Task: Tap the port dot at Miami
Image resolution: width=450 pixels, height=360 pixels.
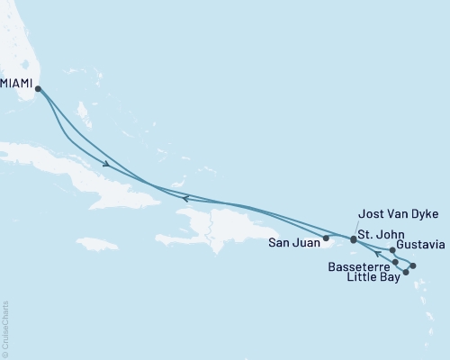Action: (x=38, y=87)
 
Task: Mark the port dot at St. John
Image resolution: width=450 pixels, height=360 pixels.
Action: (x=353, y=241)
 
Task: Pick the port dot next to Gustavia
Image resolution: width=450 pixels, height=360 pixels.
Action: (x=392, y=250)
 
